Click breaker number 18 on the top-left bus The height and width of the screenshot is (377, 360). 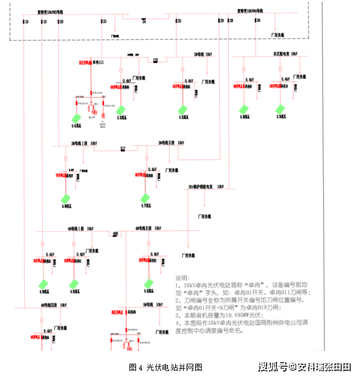pyautogui.click(x=26, y=22)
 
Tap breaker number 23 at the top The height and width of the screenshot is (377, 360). pyautogui.click(x=105, y=22)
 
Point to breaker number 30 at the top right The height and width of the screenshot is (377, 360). pyautogui.click(x=258, y=21)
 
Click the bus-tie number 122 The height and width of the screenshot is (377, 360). pyautogui.click(x=155, y=60)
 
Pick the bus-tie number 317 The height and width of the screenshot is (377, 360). pyautogui.click(x=123, y=148)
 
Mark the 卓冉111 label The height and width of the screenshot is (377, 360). pyautogui.click(x=98, y=62)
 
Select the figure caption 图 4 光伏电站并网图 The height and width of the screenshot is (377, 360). pyautogui.click(x=165, y=366)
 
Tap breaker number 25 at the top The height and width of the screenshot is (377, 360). pyautogui.click(x=179, y=22)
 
